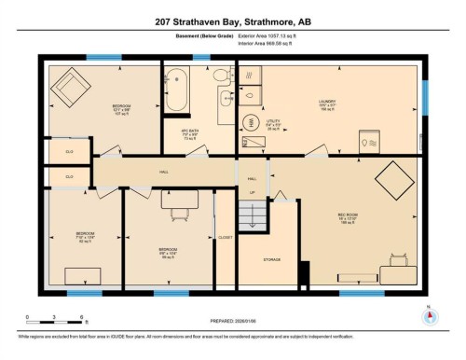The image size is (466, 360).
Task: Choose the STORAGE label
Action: [x=272, y=260]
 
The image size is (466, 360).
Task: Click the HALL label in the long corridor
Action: [x=162, y=172]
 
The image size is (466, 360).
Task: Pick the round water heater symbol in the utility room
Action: [x=249, y=93]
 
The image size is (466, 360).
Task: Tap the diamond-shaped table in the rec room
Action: [x=388, y=179]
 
